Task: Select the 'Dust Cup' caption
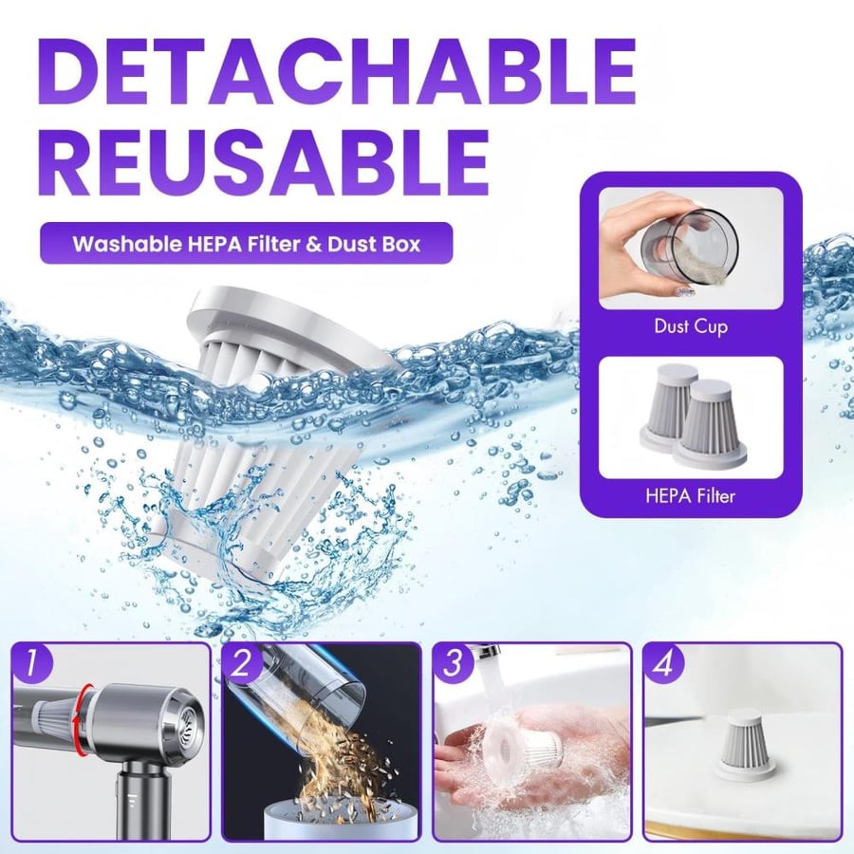coord(691,326)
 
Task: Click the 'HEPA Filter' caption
coord(691,495)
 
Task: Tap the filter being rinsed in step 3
coord(523,742)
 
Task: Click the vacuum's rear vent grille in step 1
coord(191,720)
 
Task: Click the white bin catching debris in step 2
coord(341,820)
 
